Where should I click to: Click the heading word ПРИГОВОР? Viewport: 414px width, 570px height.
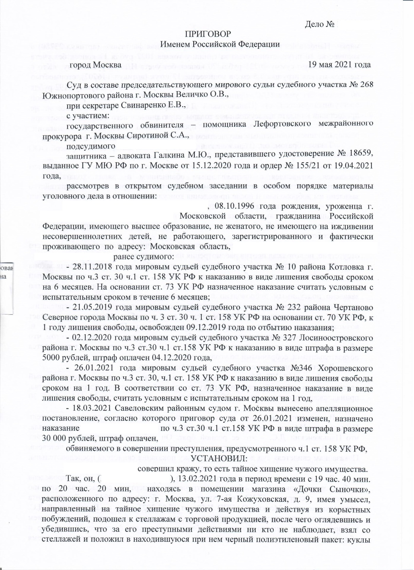pyautogui.click(x=208, y=34)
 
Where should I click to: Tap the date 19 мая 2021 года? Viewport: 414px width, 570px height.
pyautogui.click(x=340, y=65)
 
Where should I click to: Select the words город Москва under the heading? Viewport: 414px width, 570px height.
pyautogui.click(x=95, y=65)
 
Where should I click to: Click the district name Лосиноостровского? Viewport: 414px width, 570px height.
pyautogui.click(x=336, y=338)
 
